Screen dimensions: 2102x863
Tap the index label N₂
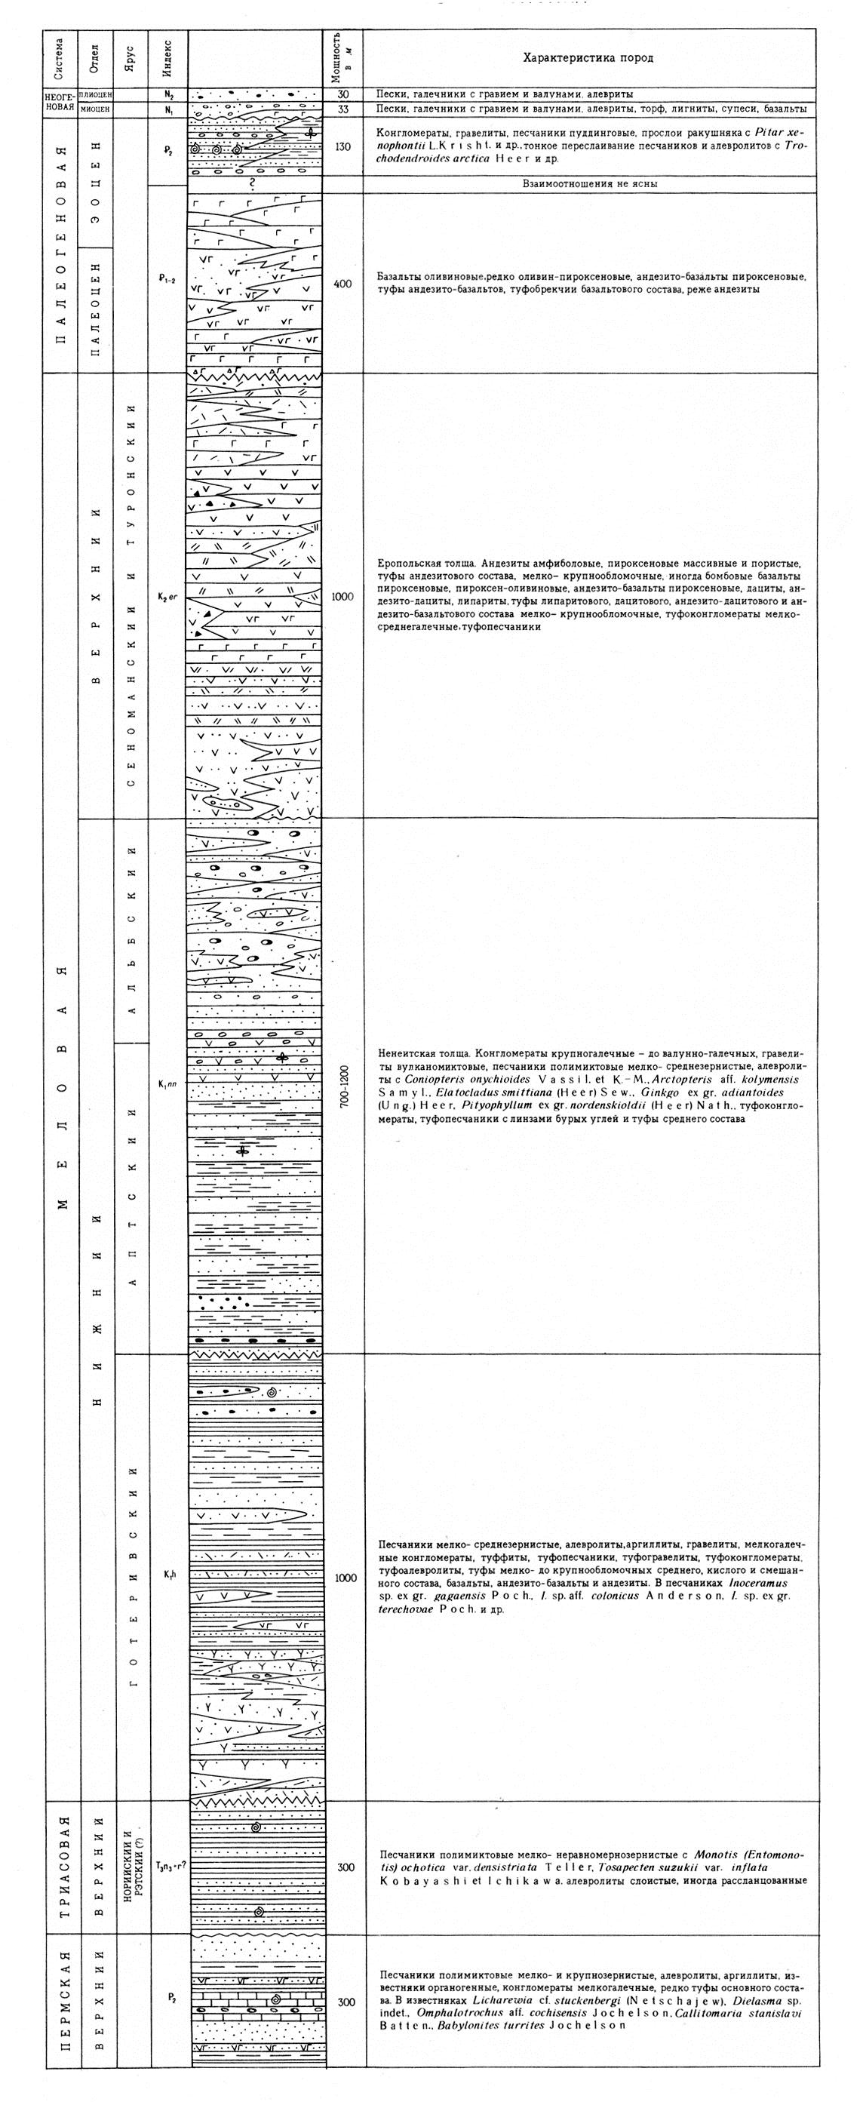tap(168, 94)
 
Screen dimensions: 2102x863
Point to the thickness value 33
tap(343, 109)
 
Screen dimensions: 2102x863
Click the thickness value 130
tap(343, 147)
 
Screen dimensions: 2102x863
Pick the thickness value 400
tap(343, 284)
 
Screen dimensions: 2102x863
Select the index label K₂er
tap(168, 598)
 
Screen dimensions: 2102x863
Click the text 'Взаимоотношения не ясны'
tap(590, 183)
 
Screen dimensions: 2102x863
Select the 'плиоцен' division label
tap(97, 94)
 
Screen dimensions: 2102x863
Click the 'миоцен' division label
tap(97, 109)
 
